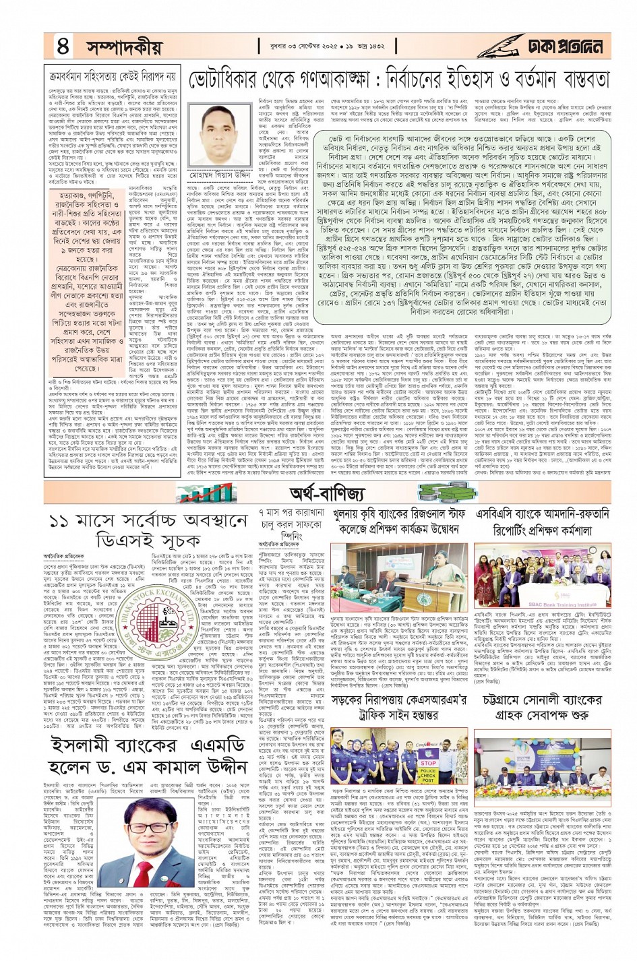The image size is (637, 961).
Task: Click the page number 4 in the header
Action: tap(63, 46)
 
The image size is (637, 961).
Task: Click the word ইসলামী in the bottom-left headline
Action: tap(82, 746)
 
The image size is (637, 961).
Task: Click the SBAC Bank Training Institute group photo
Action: tap(543, 575)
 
